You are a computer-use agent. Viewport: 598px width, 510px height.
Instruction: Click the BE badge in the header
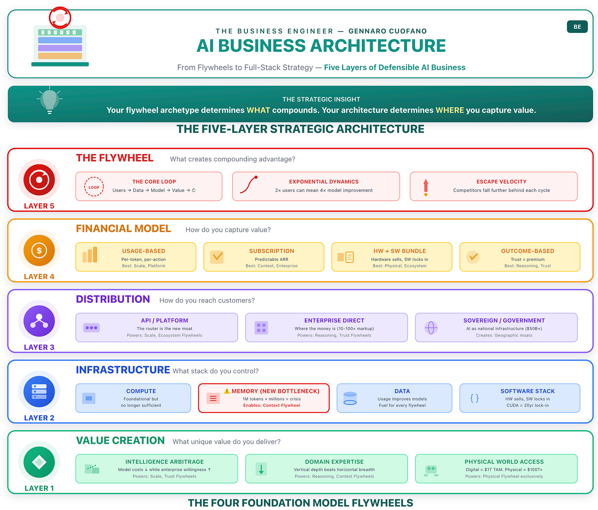(577, 27)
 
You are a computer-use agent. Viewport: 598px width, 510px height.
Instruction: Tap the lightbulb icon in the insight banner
(50, 100)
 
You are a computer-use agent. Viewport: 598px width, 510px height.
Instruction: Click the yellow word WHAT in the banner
(258, 110)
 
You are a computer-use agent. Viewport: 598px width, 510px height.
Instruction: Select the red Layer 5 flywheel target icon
(39, 180)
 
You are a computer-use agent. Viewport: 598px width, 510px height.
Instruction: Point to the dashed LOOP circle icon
(94, 187)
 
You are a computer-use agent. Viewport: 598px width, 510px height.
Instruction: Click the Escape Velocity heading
(501, 182)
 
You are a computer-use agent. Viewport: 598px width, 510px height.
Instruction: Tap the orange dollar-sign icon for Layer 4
(39, 250)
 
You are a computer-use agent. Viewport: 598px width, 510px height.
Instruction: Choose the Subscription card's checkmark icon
(217, 257)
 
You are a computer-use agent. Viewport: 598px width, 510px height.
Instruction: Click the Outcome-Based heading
(527, 251)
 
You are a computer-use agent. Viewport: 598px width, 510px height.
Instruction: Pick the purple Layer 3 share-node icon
(39, 321)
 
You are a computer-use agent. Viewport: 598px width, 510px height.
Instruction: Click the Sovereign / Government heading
(504, 321)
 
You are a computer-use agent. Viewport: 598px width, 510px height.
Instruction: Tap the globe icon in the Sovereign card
(431, 328)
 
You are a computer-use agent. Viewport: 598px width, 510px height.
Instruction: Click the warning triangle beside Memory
(227, 391)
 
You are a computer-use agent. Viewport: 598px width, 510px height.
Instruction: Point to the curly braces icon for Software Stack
(474, 398)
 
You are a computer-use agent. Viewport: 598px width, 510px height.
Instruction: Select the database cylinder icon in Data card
(350, 398)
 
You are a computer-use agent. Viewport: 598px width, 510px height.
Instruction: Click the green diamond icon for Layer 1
(39, 462)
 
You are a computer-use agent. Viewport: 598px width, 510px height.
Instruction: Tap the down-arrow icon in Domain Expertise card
(261, 468)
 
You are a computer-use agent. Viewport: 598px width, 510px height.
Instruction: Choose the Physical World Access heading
(504, 462)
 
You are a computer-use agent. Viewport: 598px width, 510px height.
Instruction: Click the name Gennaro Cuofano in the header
(388, 31)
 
